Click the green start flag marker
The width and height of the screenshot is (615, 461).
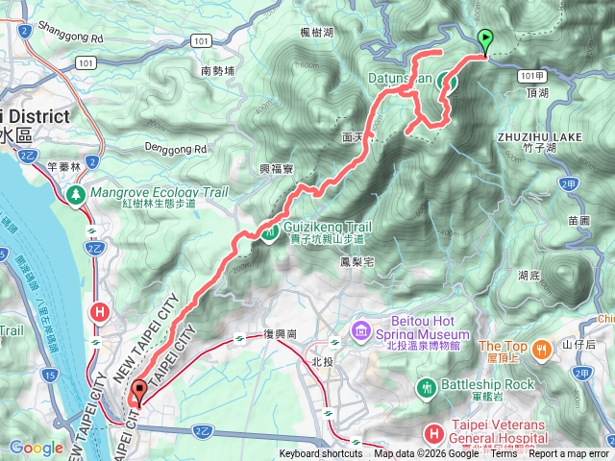pyautogui.click(x=485, y=41)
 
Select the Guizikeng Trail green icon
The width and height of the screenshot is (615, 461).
pyautogui.click(x=272, y=230)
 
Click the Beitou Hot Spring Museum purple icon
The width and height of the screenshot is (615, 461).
pyautogui.click(x=361, y=330)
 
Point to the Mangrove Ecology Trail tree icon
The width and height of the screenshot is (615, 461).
pyautogui.click(x=75, y=193)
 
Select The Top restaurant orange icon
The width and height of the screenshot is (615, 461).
pyautogui.click(x=543, y=347)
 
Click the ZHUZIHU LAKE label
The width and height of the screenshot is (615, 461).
pyautogui.click(x=539, y=137)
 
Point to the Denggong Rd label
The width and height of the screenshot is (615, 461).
pyautogui.click(x=176, y=150)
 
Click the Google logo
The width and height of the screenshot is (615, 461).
pyautogui.click(x=37, y=448)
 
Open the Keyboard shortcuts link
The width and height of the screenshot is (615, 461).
pyautogui.click(x=322, y=454)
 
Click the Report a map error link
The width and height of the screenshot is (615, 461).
pyautogui.click(x=569, y=454)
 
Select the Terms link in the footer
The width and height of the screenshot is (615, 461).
pyautogui.click(x=504, y=454)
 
